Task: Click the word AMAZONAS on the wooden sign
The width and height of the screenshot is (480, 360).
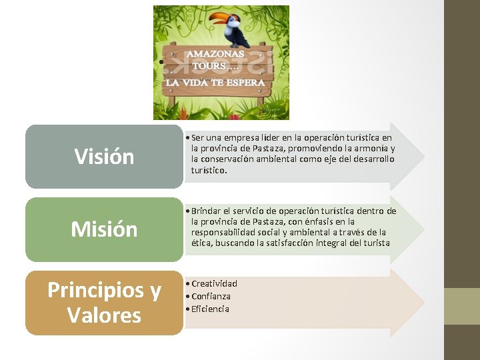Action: [215, 53]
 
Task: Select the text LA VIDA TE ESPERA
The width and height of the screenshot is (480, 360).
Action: [215, 82]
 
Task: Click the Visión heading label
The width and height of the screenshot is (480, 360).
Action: [104, 157]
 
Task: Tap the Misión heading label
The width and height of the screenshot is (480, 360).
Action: [104, 229]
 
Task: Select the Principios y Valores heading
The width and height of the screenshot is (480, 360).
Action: [104, 302]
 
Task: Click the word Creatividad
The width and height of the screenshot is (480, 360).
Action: [214, 283]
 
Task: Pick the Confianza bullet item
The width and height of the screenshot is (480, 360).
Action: [211, 296]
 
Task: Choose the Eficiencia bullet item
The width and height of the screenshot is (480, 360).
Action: [210, 309]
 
